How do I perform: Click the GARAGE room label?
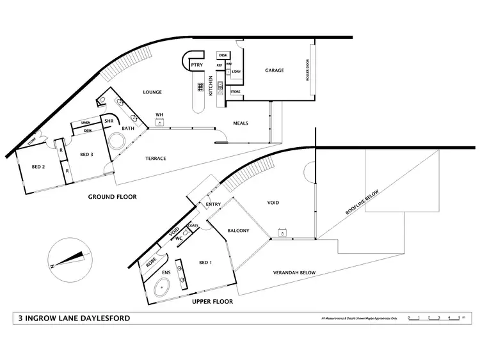click(275, 71)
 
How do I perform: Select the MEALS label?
click(241, 123)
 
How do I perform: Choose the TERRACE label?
click(156, 158)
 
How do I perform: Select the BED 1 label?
click(205, 263)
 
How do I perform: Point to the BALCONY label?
click(238, 230)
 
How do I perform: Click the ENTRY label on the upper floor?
click(213, 205)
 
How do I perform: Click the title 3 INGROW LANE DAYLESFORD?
click(75, 318)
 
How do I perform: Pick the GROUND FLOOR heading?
click(112, 197)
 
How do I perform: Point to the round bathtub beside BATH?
click(117, 141)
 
